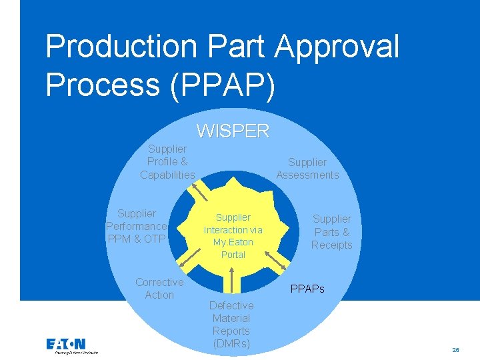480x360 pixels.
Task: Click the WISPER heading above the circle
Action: point(233,131)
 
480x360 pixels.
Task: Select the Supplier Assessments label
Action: point(307,169)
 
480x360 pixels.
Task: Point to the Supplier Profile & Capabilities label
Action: point(167,162)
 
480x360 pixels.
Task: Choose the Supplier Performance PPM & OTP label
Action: point(136,226)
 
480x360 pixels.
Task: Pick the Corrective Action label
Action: point(159,289)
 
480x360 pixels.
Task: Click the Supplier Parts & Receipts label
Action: point(331,232)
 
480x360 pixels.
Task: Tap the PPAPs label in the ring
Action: point(307,289)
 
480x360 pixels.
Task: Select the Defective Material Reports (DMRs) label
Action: point(231,325)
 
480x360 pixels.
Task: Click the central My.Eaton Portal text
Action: point(233,236)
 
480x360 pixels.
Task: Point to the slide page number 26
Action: point(456,349)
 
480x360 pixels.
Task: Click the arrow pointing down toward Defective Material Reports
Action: point(231,281)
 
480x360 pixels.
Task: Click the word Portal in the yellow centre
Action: point(233,255)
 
